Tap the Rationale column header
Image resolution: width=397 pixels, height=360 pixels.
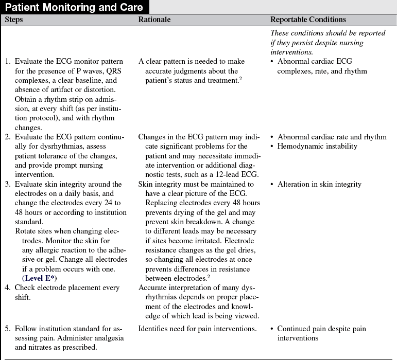tap(154, 20)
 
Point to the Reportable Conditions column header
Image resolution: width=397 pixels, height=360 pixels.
tap(308, 20)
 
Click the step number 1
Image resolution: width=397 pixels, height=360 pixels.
tap(7, 62)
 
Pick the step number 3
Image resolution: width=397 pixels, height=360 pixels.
tap(7, 184)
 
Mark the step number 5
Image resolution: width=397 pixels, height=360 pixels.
tap(7, 329)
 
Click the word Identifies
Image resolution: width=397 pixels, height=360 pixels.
tap(154, 329)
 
